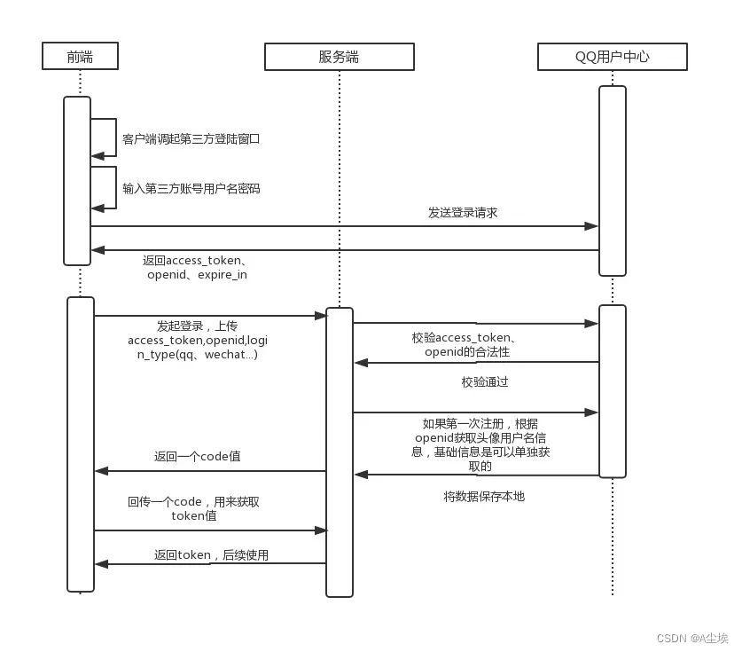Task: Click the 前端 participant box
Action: pyautogui.click(x=80, y=57)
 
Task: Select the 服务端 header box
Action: pyautogui.click(x=339, y=57)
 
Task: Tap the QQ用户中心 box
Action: pyautogui.click(x=612, y=57)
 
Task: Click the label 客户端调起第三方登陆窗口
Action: pyautogui.click(x=191, y=139)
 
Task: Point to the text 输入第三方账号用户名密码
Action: pyautogui.click(x=191, y=189)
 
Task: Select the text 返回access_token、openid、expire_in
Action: pyautogui.click(x=196, y=268)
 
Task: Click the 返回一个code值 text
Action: pyautogui.click(x=197, y=457)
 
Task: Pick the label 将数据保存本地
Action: pyautogui.click(x=483, y=497)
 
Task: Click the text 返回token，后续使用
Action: pyautogui.click(x=211, y=555)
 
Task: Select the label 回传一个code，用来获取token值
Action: pyautogui.click(x=193, y=508)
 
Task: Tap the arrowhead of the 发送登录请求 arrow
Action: pyautogui.click(x=592, y=226)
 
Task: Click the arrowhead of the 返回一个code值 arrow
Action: pyautogui.click(x=101, y=471)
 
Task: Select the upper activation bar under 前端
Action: pyautogui.click(x=77, y=180)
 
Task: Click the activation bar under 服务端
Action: pyautogui.click(x=340, y=452)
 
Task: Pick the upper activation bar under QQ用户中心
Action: pyautogui.click(x=612, y=180)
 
